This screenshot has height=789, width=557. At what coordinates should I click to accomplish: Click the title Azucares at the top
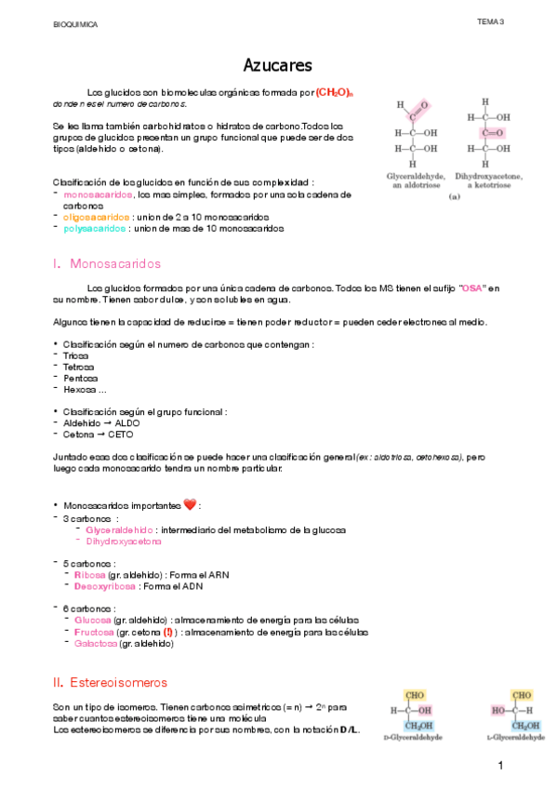pyautogui.click(x=277, y=65)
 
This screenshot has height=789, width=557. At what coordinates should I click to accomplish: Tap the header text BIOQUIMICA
pyautogui.click(x=75, y=22)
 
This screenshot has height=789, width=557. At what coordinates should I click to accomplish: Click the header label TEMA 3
pyautogui.click(x=490, y=21)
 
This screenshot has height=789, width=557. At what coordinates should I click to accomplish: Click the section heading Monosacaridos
pyautogui.click(x=115, y=264)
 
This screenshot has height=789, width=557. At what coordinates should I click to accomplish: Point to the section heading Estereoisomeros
pyautogui.click(x=119, y=682)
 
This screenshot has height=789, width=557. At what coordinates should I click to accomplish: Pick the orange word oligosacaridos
pyautogui.click(x=95, y=217)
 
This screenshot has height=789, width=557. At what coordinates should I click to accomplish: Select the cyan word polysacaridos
pyautogui.click(x=95, y=228)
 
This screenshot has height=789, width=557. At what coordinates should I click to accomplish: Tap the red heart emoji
pyautogui.click(x=190, y=505)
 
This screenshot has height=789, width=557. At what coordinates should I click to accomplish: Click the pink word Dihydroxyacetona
pyautogui.click(x=123, y=541)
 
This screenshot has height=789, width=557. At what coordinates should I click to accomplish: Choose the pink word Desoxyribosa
pyautogui.click(x=106, y=587)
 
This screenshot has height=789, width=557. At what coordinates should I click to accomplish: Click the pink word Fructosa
pyautogui.click(x=93, y=632)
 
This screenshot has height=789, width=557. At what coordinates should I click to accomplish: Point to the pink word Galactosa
pyautogui.click(x=95, y=643)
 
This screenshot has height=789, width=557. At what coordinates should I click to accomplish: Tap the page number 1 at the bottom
pyautogui.click(x=500, y=766)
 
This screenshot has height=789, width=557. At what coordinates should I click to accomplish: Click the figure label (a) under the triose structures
pyautogui.click(x=455, y=197)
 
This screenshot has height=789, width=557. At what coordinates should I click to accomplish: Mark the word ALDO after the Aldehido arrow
pyautogui.click(x=129, y=422)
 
